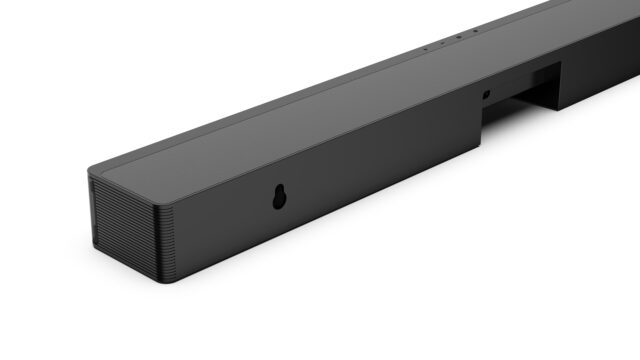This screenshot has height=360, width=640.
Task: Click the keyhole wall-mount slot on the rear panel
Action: (278, 199)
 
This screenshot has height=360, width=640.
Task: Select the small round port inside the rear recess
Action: (486, 95)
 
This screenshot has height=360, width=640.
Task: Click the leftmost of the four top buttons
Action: (424, 47)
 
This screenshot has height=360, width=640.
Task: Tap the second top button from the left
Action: (441, 42)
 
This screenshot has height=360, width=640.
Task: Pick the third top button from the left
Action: (459, 37)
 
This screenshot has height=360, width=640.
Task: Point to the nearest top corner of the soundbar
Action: (89, 171)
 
